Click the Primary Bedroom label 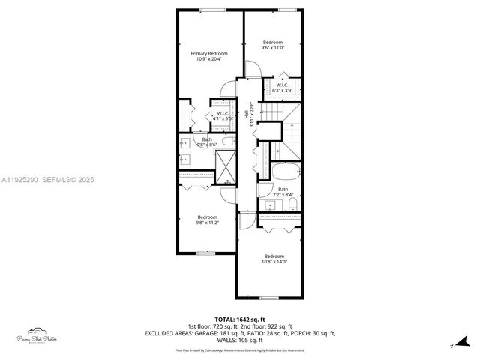tap(209, 54)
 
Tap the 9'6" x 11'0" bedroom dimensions tap(272, 49)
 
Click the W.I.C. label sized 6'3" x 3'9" tap(282, 85)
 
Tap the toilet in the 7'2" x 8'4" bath tap(292, 204)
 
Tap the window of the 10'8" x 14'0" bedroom tap(269, 298)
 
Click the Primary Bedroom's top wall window tap(210, 10)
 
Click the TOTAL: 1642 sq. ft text tap(239, 318)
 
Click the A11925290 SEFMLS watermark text tap(46, 179)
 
